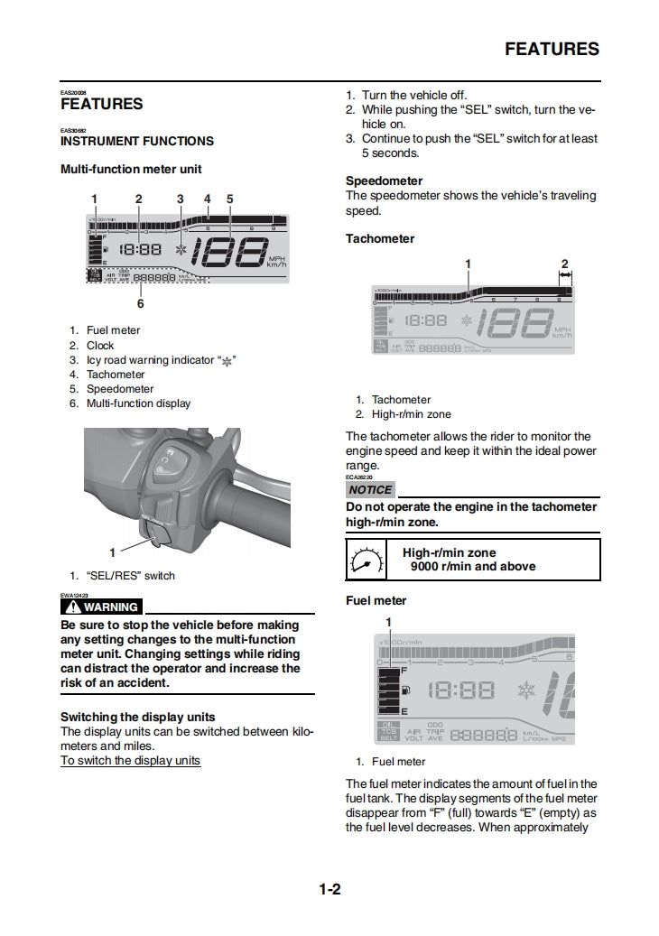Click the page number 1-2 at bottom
(329, 890)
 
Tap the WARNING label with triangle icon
(101, 607)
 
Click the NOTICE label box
(370, 489)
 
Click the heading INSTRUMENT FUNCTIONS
(137, 141)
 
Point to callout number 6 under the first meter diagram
(140, 303)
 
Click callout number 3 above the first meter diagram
(180, 199)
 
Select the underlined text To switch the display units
(130, 760)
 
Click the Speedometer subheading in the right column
(384, 181)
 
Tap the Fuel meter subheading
(376, 600)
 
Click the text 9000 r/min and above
(472, 567)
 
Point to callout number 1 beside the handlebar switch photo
(112, 551)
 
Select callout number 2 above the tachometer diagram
(564, 264)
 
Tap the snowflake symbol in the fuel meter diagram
(526, 690)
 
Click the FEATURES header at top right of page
(551, 49)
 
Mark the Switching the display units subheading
(137, 717)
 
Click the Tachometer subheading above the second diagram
(380, 238)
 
